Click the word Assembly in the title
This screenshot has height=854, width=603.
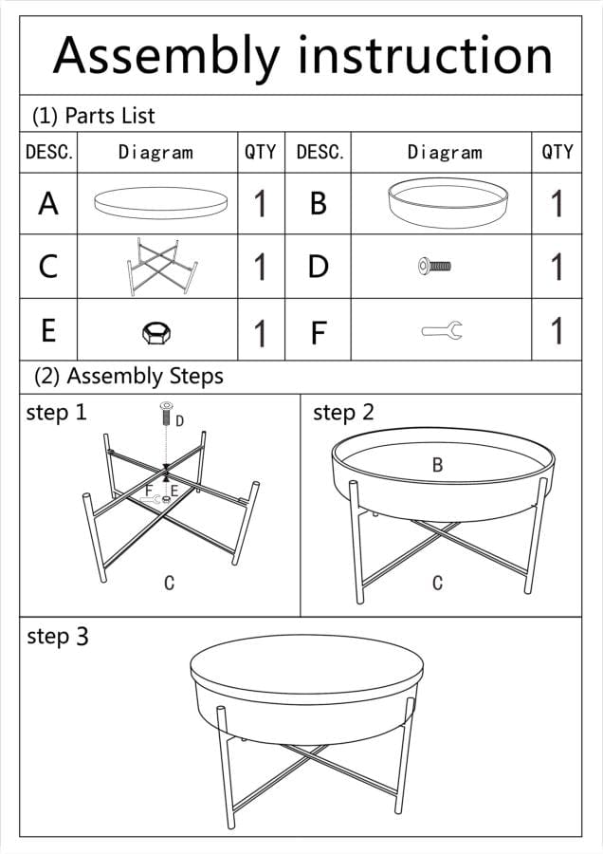(167, 57)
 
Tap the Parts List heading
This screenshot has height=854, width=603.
(94, 116)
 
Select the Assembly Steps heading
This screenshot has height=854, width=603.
(129, 377)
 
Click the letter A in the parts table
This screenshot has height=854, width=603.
(48, 204)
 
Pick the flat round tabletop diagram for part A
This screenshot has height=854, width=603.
(160, 203)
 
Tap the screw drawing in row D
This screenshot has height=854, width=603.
(434, 267)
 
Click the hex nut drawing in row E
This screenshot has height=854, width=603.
(156, 332)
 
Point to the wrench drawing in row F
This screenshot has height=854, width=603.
(442, 330)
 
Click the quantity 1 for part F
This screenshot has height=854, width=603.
(557, 330)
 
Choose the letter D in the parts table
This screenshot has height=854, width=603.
(319, 267)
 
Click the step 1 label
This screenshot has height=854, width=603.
(57, 413)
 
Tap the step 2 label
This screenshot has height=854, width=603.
(343, 413)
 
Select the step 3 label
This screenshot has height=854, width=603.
(57, 636)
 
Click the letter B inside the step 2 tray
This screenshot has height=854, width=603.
(438, 465)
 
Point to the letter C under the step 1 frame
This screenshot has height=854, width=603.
(170, 583)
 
